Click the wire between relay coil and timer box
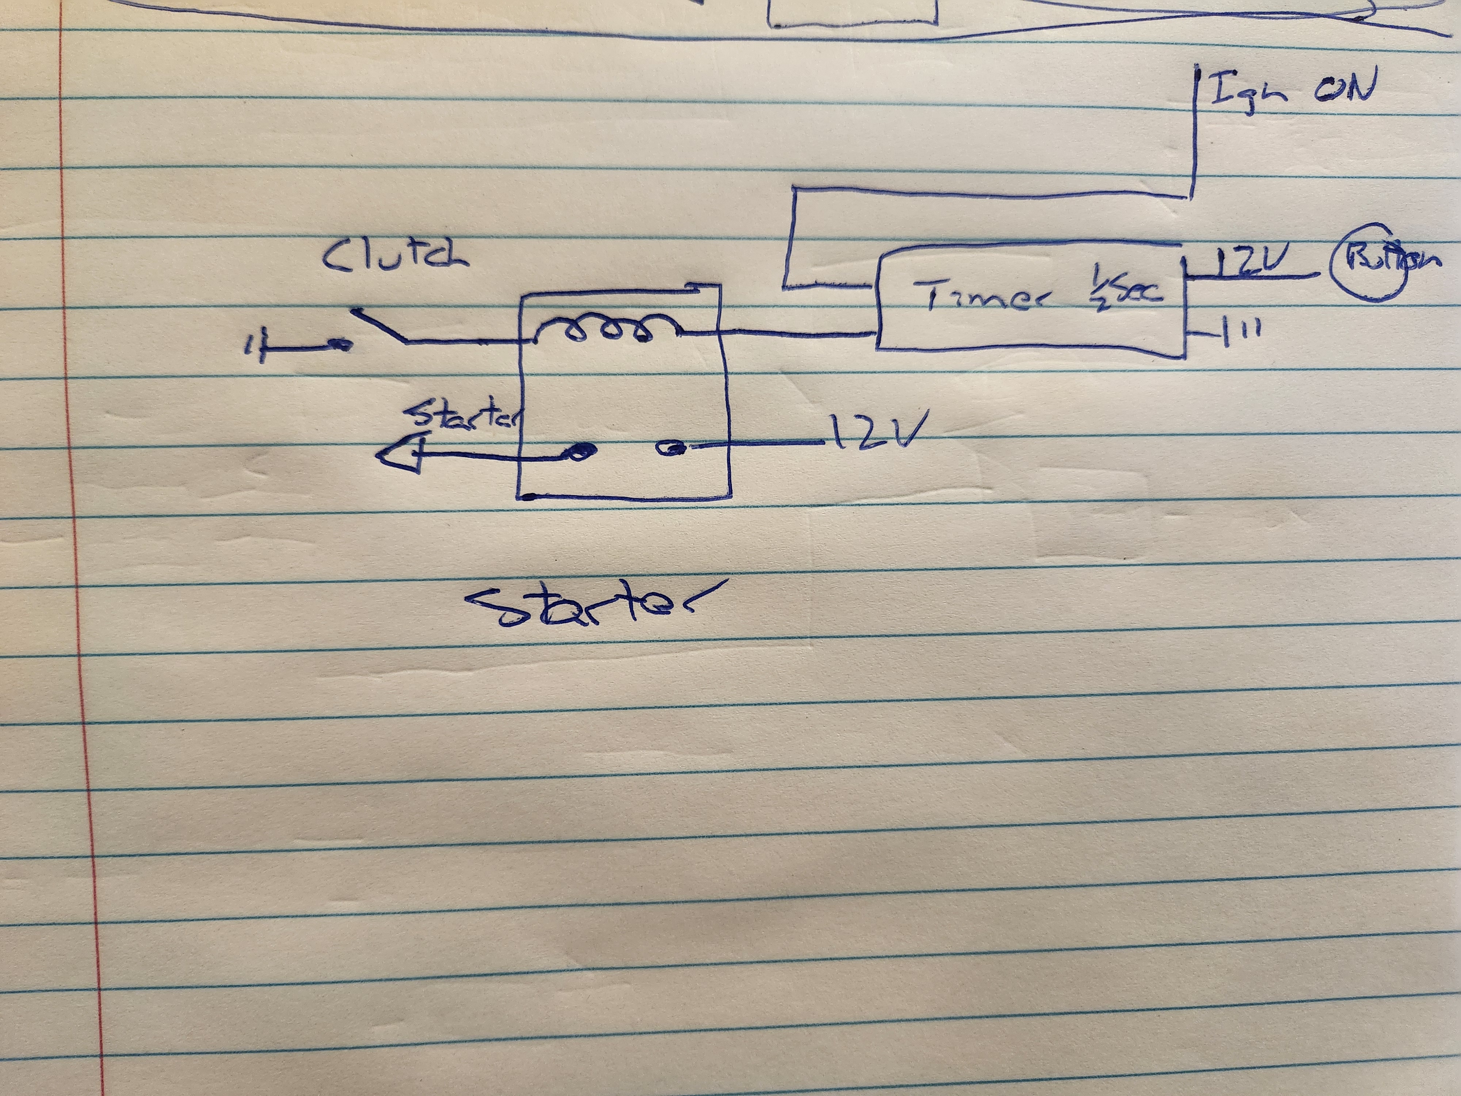pyautogui.click(x=793, y=334)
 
